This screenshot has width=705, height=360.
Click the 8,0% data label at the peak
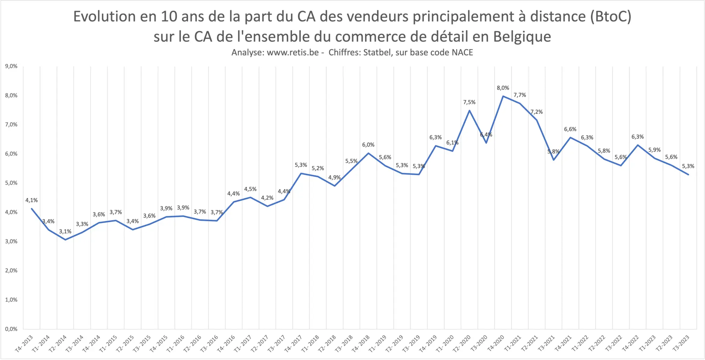(x=503, y=88)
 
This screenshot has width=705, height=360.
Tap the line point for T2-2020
(x=469, y=110)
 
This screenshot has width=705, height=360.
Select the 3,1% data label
(x=65, y=232)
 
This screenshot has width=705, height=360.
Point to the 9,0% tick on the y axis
(x=11, y=66)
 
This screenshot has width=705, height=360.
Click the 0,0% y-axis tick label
(x=11, y=329)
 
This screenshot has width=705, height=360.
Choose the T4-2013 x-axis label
(x=24, y=343)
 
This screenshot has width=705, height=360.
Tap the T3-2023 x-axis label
(x=681, y=343)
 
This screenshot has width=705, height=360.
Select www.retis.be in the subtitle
(x=293, y=53)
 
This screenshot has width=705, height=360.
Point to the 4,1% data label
(x=32, y=200)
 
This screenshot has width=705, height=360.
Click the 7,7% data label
(x=520, y=95)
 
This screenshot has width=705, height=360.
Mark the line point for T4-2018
(x=368, y=153)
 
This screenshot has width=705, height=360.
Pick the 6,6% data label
(x=570, y=129)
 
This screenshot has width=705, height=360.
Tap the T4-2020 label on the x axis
(x=496, y=343)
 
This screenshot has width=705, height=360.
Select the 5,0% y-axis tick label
(x=11, y=183)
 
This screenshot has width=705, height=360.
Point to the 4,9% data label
(x=334, y=178)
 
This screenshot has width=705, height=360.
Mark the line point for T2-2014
(x=65, y=240)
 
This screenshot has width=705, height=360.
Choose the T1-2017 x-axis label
(x=243, y=343)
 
